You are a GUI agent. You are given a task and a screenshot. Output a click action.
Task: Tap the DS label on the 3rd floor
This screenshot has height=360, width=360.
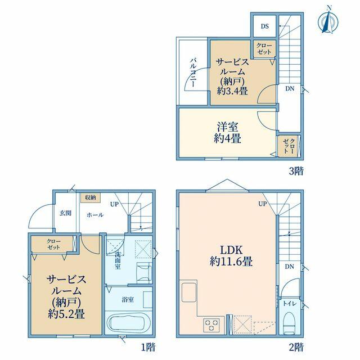(x=265, y=26)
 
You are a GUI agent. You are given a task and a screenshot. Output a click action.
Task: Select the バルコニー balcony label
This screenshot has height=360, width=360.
(x=193, y=73)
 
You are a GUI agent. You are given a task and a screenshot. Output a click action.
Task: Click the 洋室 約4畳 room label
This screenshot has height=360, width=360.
(x=227, y=133)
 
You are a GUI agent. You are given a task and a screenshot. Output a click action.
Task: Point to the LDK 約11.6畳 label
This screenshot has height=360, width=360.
(x=231, y=256)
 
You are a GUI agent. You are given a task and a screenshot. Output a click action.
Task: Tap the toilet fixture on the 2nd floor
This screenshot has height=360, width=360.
(x=289, y=323)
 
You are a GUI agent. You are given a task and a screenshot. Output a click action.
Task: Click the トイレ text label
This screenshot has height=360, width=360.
(x=290, y=304)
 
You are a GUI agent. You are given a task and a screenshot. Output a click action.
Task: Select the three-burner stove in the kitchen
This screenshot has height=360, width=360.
(x=211, y=325)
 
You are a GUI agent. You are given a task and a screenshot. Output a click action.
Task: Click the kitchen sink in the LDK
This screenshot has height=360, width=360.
(x=189, y=292)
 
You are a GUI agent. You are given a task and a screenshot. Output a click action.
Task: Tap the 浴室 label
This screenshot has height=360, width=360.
(x=128, y=300)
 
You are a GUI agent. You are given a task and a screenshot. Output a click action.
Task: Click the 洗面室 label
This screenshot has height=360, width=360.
(x=118, y=260)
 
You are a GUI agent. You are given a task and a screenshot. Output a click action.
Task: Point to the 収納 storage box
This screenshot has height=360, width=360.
(x=91, y=197)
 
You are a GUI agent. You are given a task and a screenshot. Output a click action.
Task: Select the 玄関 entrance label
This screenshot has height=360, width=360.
(x=66, y=213)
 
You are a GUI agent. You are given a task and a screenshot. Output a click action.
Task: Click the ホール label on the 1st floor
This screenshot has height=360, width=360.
(x=95, y=215)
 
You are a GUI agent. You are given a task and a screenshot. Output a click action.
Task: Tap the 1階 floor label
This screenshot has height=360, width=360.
(x=148, y=347)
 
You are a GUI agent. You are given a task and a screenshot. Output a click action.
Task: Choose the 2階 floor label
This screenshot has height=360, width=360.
(x=296, y=347)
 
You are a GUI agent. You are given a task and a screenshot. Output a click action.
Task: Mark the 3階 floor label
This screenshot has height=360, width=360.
(x=296, y=171)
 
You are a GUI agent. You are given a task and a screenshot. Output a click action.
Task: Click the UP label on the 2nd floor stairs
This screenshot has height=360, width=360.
(x=263, y=204)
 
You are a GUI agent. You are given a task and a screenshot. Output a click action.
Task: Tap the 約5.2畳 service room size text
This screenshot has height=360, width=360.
(x=66, y=314)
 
